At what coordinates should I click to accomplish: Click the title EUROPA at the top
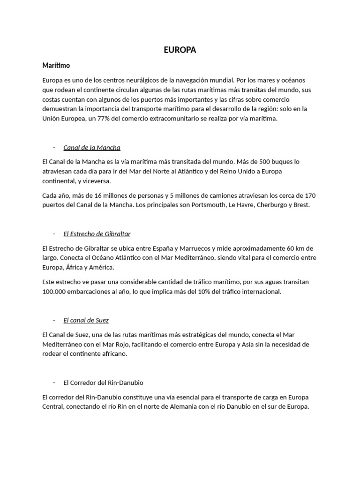pos(180,51)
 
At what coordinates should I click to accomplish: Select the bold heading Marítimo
pos(56,66)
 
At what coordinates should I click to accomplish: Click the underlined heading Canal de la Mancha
pos(92,148)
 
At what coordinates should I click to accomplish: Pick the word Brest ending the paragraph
pos(301,205)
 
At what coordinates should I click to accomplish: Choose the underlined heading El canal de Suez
pos(86,320)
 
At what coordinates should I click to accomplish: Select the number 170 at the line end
pos(310,195)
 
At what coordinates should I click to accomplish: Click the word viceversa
pos(97,181)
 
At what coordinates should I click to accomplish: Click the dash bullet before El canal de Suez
pos(54,320)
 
